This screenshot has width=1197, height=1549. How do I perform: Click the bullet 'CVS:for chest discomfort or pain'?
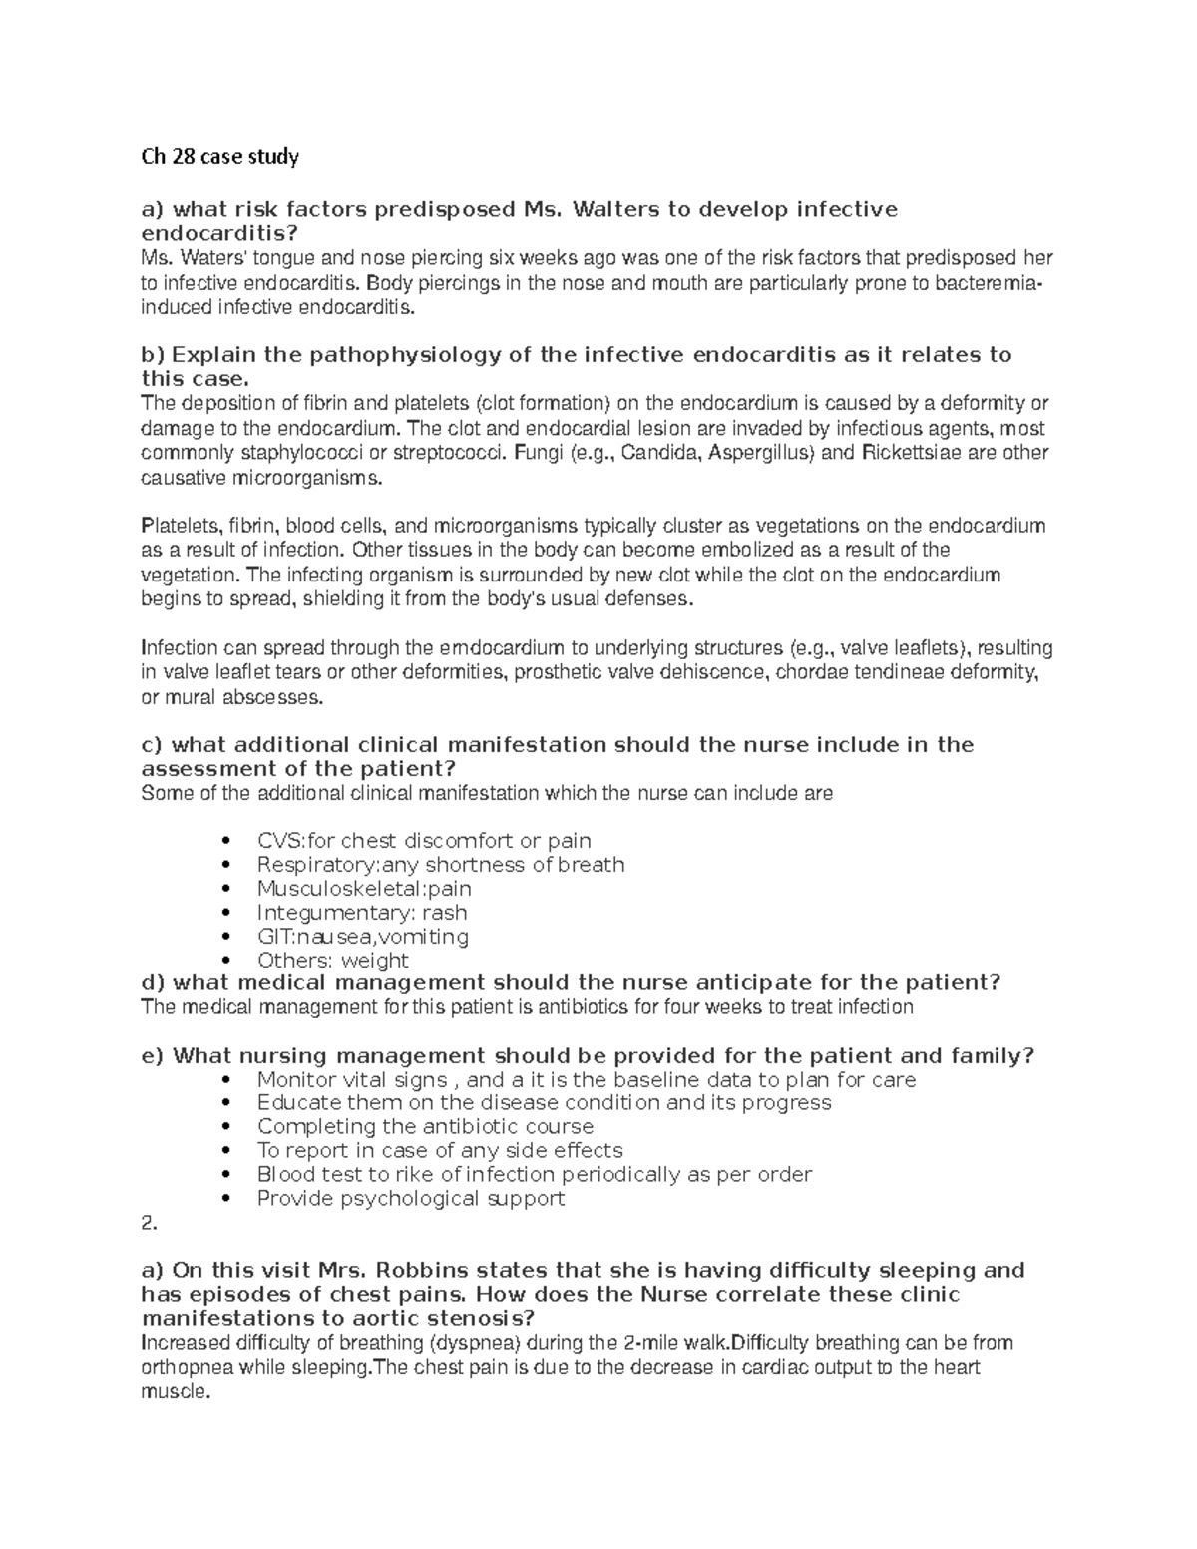tap(424, 841)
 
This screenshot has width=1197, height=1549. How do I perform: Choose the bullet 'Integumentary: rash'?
tap(362, 913)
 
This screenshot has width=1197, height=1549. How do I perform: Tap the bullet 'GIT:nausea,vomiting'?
tap(363, 937)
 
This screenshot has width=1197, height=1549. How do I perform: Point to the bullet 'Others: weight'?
tap(333, 961)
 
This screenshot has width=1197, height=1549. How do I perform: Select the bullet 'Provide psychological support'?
tap(411, 1199)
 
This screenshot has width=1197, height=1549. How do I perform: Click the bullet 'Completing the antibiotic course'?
tap(425, 1127)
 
